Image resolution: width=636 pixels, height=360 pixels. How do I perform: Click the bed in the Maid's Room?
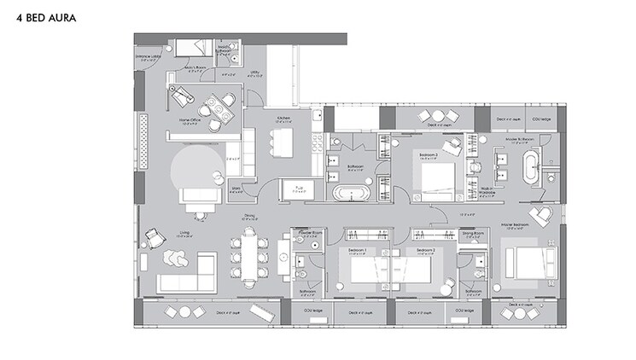pyautogui.click(x=188, y=50)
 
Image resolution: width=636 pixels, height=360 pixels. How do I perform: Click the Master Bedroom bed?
pyautogui.click(x=528, y=261)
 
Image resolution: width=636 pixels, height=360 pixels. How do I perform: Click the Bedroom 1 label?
pyautogui.click(x=355, y=250)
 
